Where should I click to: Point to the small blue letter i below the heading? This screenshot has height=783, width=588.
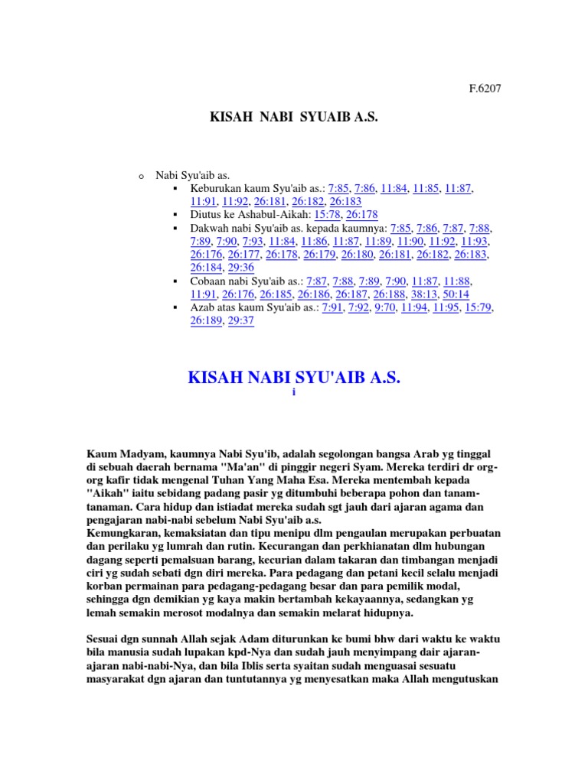(x=293, y=392)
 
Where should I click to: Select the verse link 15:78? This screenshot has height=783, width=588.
(x=327, y=215)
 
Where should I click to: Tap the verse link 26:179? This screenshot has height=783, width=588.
(x=319, y=255)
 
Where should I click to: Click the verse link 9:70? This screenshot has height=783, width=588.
(x=384, y=307)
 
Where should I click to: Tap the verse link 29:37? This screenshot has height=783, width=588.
(x=240, y=321)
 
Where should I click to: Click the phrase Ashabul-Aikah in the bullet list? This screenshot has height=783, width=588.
(x=267, y=215)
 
